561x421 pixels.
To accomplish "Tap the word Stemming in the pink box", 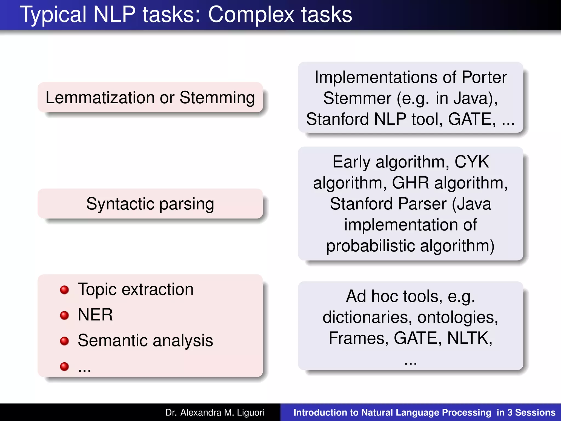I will (217, 98).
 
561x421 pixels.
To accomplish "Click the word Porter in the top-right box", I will (484, 77).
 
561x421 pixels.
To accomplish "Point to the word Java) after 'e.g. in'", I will (476, 98).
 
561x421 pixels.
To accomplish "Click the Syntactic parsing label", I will (150, 204).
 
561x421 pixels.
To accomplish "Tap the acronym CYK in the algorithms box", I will (471, 162).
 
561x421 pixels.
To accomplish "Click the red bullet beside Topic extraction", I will (64, 290).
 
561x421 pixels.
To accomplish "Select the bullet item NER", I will (95, 315).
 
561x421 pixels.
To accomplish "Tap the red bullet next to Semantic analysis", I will (64, 341).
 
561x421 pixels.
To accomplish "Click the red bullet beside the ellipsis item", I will (64, 366).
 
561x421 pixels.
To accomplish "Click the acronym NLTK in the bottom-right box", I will (469, 338).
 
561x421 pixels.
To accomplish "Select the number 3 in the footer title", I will (510, 413).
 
